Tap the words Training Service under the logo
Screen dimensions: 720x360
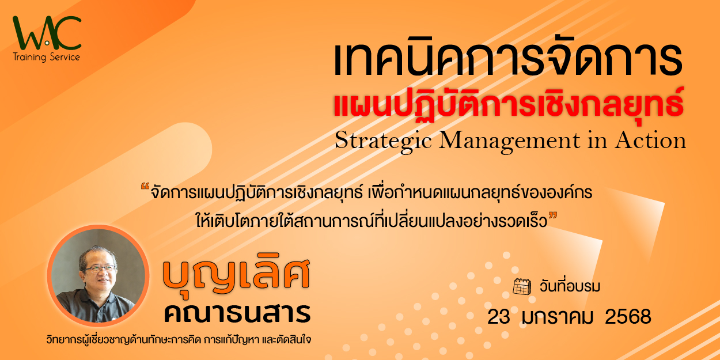[x=46, y=57]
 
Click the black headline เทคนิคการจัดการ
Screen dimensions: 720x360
[x=508, y=60]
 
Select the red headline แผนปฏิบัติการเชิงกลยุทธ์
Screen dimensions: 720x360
[x=509, y=104]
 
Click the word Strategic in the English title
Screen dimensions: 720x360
[x=383, y=141]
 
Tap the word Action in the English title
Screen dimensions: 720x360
[x=650, y=140]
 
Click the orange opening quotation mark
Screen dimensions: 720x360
[x=145, y=187]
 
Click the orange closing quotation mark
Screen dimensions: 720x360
[x=552, y=215]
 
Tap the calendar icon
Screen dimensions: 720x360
[x=522, y=286]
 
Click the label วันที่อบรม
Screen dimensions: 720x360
[x=570, y=286]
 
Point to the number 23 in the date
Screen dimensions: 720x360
[x=499, y=317]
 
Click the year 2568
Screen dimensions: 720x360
[x=628, y=317]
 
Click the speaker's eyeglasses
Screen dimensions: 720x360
[x=100, y=269]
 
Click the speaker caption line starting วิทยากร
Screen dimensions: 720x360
[x=179, y=340]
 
